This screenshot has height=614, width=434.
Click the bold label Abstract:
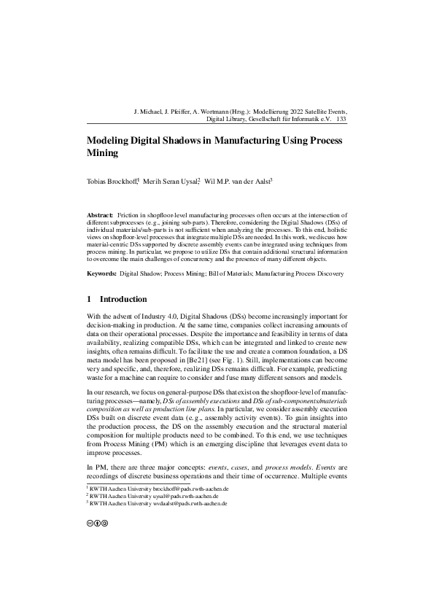click(99, 217)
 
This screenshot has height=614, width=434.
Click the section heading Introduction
click(123, 299)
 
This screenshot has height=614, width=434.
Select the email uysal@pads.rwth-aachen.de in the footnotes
click(172, 495)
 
